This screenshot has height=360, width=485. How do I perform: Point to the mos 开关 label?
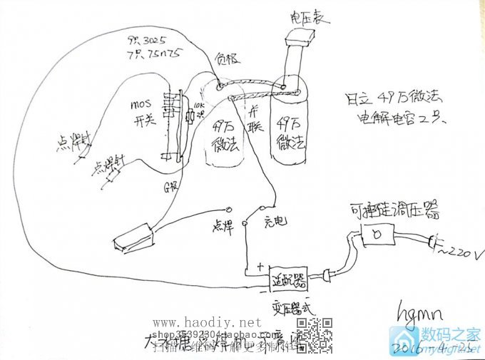[141, 113]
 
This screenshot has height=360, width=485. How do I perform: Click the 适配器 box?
[289, 280]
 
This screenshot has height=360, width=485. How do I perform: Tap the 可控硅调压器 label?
[394, 210]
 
